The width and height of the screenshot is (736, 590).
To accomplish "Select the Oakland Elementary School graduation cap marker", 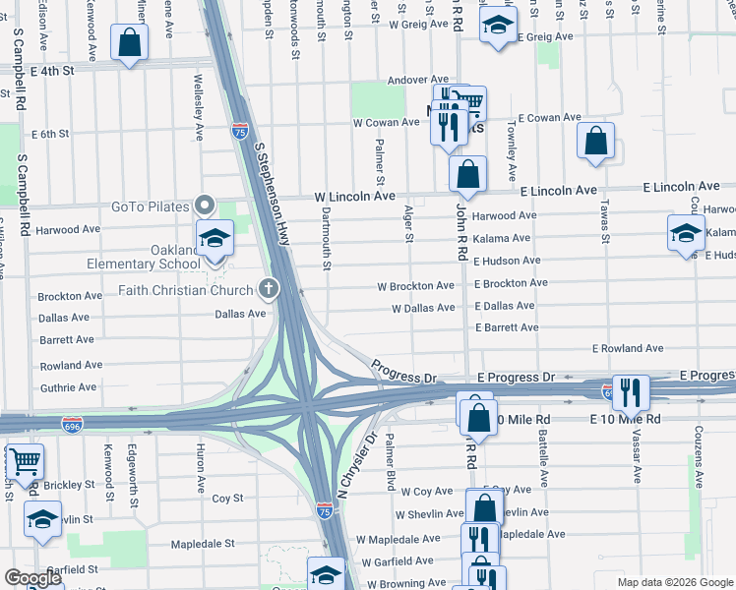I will tap(214, 237).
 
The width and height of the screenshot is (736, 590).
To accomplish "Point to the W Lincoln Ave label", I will tap(355, 197).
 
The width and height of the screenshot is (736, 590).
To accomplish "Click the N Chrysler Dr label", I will tap(358, 464).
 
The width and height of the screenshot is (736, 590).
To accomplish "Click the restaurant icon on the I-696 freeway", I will tap(630, 391).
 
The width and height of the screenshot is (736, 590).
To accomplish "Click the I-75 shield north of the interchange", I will tap(240, 129).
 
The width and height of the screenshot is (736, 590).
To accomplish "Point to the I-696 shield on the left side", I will tap(72, 423).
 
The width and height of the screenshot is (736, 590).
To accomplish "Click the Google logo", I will tap(33, 578).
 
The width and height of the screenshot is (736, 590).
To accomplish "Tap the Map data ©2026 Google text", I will tap(674, 582).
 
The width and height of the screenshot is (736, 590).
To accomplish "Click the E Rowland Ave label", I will tap(628, 349).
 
